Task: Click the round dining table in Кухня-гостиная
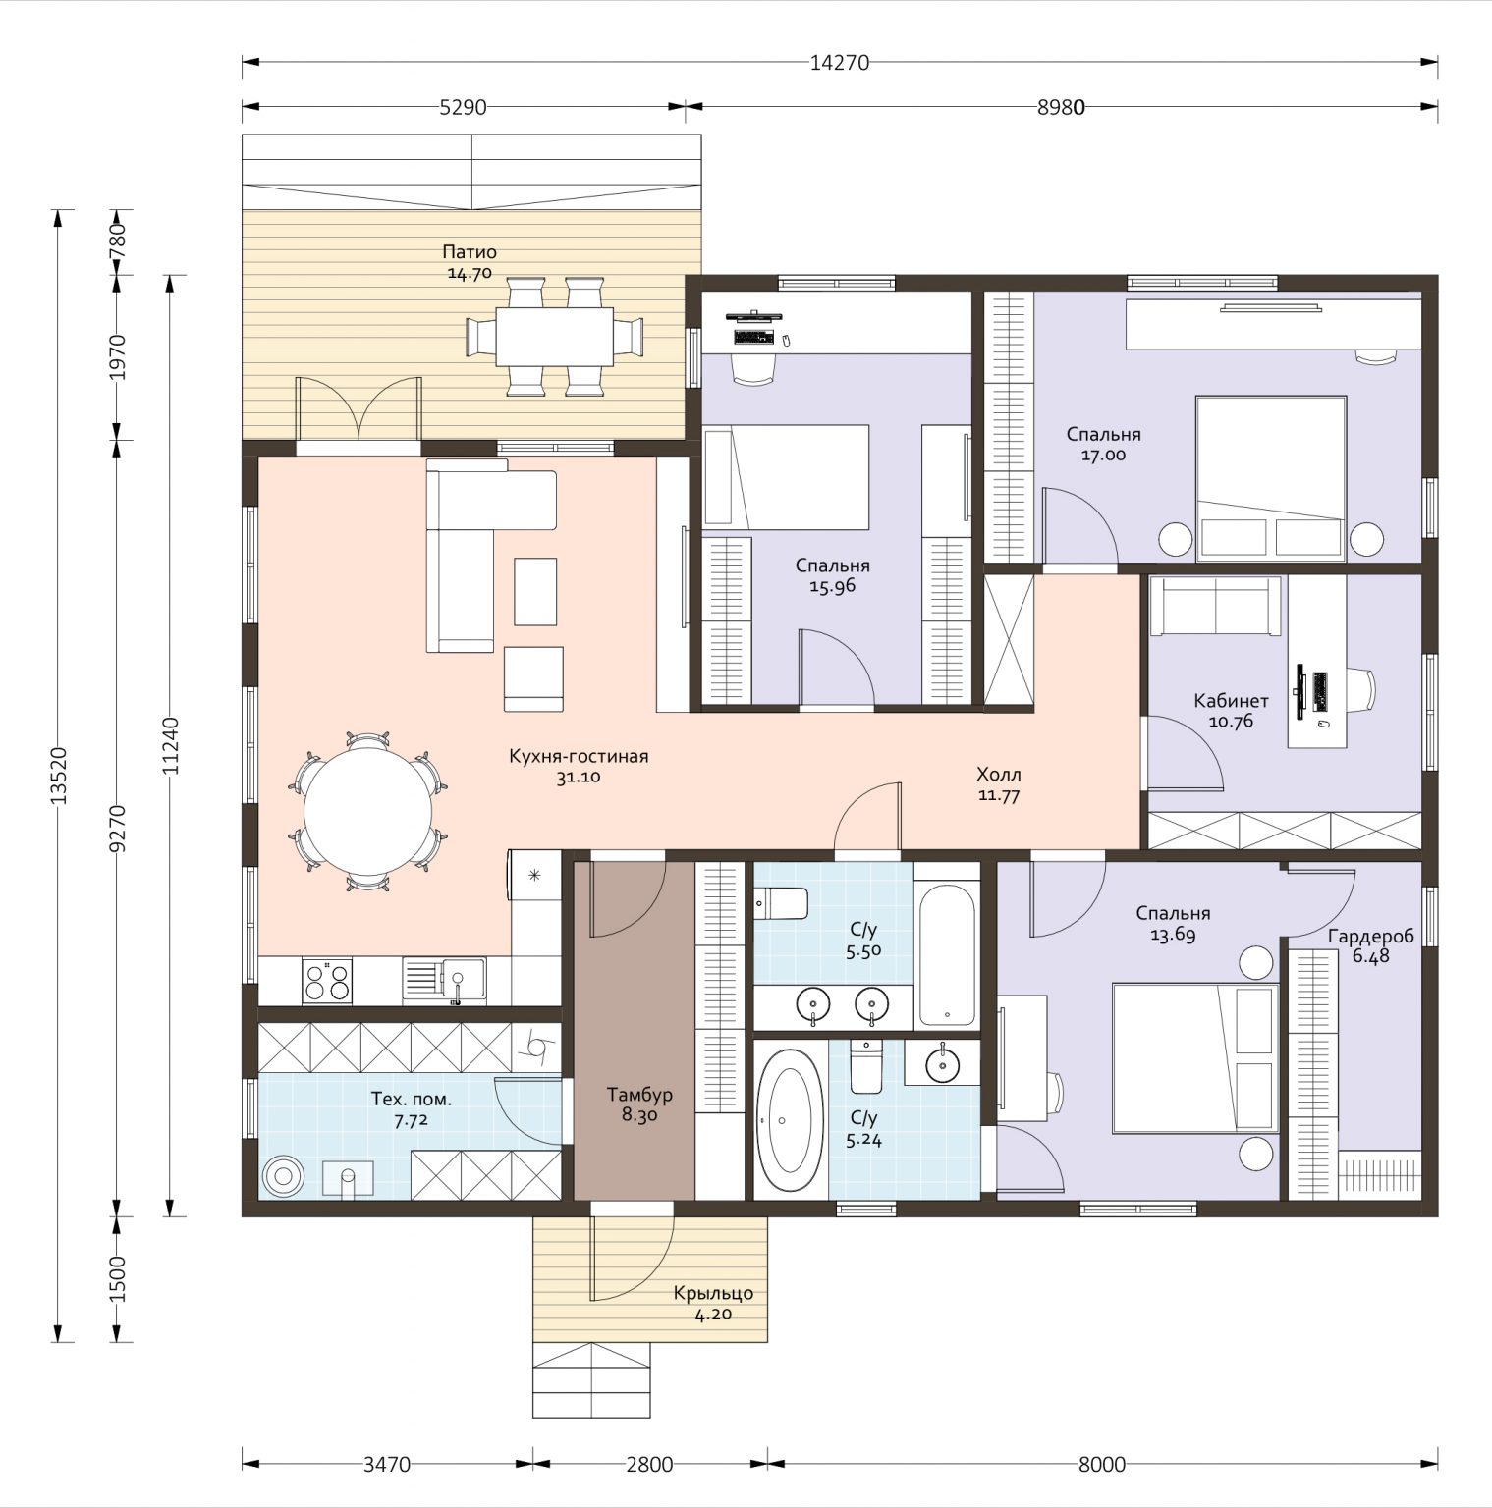click(x=367, y=812)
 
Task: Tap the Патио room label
click(x=470, y=252)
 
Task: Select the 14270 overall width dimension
click(x=840, y=63)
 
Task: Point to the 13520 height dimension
click(x=59, y=776)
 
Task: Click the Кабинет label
click(x=1231, y=701)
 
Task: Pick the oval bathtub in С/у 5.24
click(x=791, y=1120)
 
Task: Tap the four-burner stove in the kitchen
click(x=327, y=981)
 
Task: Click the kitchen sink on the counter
click(x=444, y=981)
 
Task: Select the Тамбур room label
click(x=639, y=1095)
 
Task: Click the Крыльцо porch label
click(x=713, y=1294)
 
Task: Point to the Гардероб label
click(x=1371, y=937)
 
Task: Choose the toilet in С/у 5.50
click(x=781, y=902)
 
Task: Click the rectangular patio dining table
click(x=554, y=337)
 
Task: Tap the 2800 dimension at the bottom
click(x=650, y=1465)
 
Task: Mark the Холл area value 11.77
click(x=999, y=795)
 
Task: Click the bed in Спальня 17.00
click(x=1270, y=478)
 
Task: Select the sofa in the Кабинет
click(x=1216, y=607)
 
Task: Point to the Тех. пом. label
click(x=411, y=1099)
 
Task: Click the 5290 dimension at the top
click(x=463, y=107)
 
